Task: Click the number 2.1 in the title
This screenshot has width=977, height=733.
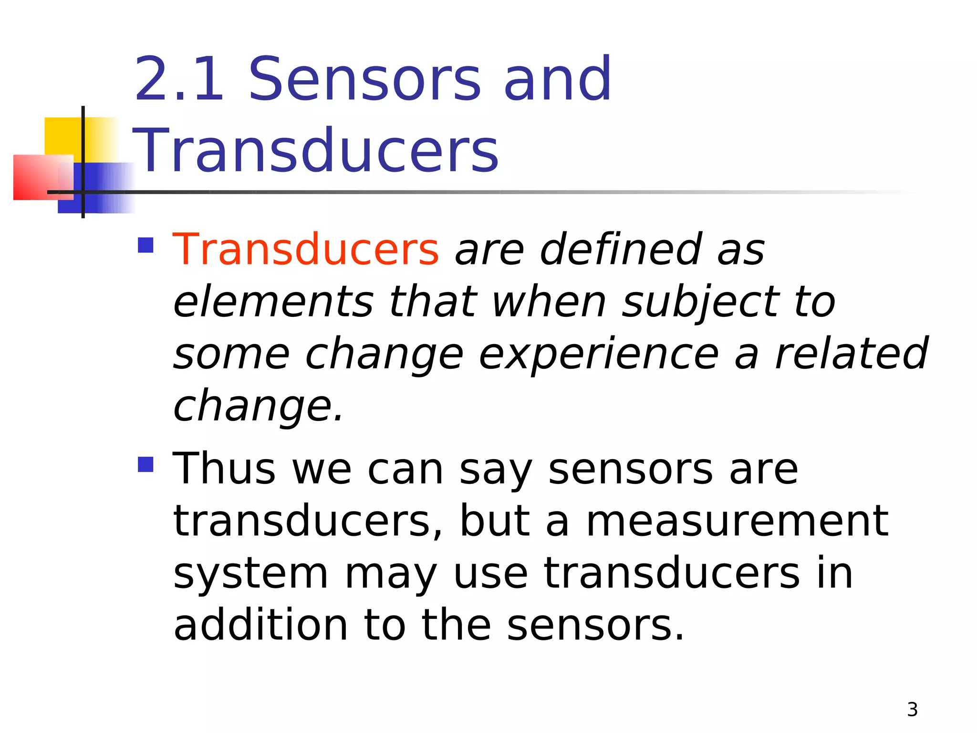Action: (179, 79)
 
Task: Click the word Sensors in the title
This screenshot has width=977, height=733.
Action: (365, 79)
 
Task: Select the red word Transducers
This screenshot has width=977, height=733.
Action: (305, 249)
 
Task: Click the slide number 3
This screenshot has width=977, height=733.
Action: (912, 710)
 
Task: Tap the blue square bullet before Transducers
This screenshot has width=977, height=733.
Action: (146, 245)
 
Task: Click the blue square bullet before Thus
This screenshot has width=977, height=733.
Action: (146, 464)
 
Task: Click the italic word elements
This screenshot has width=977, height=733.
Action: (273, 302)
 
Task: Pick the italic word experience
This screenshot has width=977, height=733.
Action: (599, 354)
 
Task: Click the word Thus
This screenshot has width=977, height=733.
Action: (224, 469)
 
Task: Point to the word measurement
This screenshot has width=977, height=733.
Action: (737, 521)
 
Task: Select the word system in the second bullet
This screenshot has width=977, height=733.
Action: (250, 574)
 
